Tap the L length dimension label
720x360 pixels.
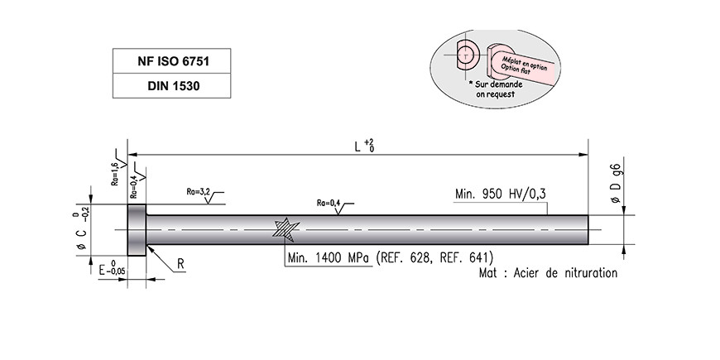pos(363,146)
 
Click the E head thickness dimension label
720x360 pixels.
pos(112,269)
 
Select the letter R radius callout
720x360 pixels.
pos(180,264)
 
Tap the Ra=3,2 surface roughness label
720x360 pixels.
pos(199,192)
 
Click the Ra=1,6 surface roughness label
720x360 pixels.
pos(115,173)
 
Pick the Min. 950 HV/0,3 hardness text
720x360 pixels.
pos(501,194)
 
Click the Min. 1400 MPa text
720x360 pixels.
pos(329,257)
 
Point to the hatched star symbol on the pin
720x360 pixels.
pos(286,229)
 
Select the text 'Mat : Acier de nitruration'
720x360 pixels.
pos(548,273)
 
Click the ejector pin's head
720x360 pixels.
pos(137,230)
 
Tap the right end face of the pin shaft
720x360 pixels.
pos(588,229)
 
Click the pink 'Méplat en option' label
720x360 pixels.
pos(524,64)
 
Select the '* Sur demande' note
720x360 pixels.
pos(496,84)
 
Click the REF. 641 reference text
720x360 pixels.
pos(467,257)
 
